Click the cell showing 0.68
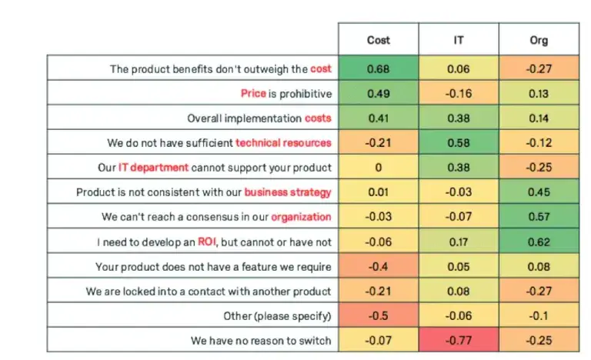pyautogui.click(x=378, y=69)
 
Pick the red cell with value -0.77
pyautogui.click(x=459, y=340)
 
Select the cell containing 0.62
pyautogui.click(x=539, y=242)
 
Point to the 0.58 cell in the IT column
pyautogui.click(x=459, y=143)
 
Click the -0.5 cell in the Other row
pyautogui.click(x=378, y=315)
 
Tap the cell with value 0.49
pyautogui.click(x=378, y=94)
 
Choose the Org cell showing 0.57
pyautogui.click(x=539, y=218)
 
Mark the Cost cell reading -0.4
pyautogui.click(x=378, y=267)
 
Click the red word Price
pyautogui.click(x=252, y=94)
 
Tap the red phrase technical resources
pyautogui.click(x=283, y=143)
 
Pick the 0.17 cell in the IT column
pyautogui.click(x=459, y=242)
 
